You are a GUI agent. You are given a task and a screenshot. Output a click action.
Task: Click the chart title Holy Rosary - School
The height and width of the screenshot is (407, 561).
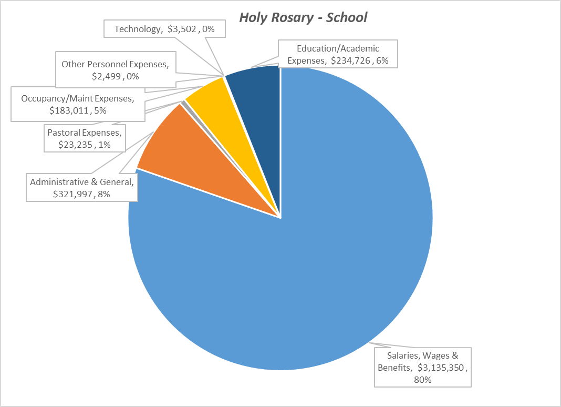[303, 17]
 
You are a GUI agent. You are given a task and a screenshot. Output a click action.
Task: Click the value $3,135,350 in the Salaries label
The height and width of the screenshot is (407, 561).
[441, 368]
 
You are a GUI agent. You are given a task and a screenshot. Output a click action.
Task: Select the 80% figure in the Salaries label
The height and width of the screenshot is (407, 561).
[422, 379]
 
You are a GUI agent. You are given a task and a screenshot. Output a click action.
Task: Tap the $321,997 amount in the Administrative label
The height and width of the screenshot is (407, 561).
[73, 194]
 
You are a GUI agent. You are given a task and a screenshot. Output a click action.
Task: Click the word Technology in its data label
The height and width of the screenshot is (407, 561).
[138, 29]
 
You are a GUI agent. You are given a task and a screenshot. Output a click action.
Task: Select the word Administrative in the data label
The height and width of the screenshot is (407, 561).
[58, 182]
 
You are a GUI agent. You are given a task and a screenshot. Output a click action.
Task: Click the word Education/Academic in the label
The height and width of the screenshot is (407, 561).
[338, 48]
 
